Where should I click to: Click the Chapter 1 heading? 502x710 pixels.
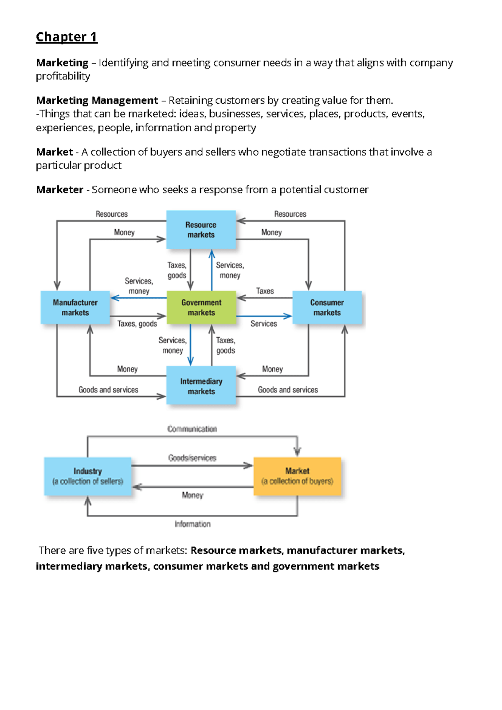[67, 37]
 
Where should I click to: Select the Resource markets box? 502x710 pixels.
[201, 230]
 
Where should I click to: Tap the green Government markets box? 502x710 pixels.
[201, 307]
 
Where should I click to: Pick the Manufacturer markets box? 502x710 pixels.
[75, 307]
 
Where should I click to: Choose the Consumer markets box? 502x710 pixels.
[327, 307]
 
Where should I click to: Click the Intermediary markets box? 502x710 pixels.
[201, 385]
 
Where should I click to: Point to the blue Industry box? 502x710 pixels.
[87, 476]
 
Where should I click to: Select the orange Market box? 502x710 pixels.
[297, 476]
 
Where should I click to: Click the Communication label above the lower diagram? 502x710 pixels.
[192, 429]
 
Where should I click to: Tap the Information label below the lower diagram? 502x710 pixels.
[192, 524]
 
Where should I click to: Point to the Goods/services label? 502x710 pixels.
[192, 458]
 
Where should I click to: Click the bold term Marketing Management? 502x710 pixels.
[97, 100]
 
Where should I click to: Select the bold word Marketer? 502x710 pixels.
[60, 189]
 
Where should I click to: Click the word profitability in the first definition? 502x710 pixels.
[63, 76]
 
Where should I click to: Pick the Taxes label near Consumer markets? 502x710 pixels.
[265, 291]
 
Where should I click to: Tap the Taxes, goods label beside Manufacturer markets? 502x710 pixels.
[137, 324]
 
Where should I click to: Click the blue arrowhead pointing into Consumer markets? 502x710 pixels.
[288, 316]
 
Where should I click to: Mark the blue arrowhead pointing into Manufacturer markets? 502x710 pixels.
[115, 298]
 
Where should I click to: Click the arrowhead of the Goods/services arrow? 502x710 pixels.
[248, 466]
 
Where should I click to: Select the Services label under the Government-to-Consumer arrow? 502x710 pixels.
[264, 324]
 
